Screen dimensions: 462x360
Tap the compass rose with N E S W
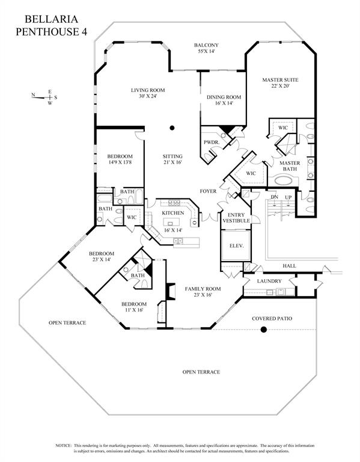tap(46, 97)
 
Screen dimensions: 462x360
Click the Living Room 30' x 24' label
tap(148, 93)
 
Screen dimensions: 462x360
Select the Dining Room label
tap(224, 100)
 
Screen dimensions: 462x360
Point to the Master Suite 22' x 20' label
tap(280, 83)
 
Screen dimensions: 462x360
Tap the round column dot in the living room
tap(172, 128)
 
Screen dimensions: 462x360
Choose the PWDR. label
tap(211, 143)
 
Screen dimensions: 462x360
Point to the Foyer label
tap(208, 191)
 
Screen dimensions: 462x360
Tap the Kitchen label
tap(172, 214)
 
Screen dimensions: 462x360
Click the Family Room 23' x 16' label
tap(203, 292)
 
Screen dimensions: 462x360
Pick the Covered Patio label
tap(272, 318)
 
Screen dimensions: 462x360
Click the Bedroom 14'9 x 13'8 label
tap(120, 159)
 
